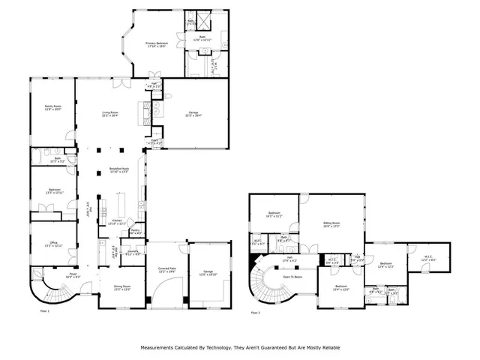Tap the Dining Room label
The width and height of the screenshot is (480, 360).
pyautogui.click(x=121, y=287)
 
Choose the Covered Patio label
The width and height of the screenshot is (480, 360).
pyautogui.click(x=166, y=269)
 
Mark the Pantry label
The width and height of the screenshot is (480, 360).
pyautogui.click(x=136, y=231)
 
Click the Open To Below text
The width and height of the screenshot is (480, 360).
pyautogui.click(x=292, y=276)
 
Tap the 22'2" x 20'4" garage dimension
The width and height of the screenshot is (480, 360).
pyautogui.click(x=193, y=115)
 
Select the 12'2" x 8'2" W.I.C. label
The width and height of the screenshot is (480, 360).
pyautogui.click(x=428, y=259)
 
